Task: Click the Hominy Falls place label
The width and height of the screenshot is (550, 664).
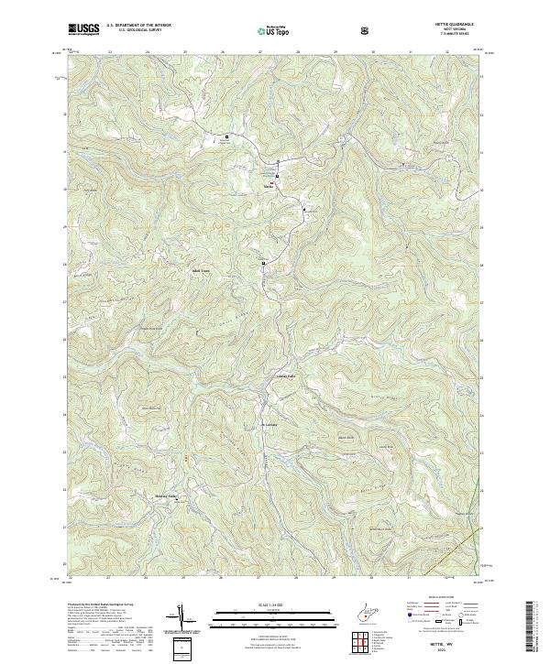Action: [163, 495]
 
